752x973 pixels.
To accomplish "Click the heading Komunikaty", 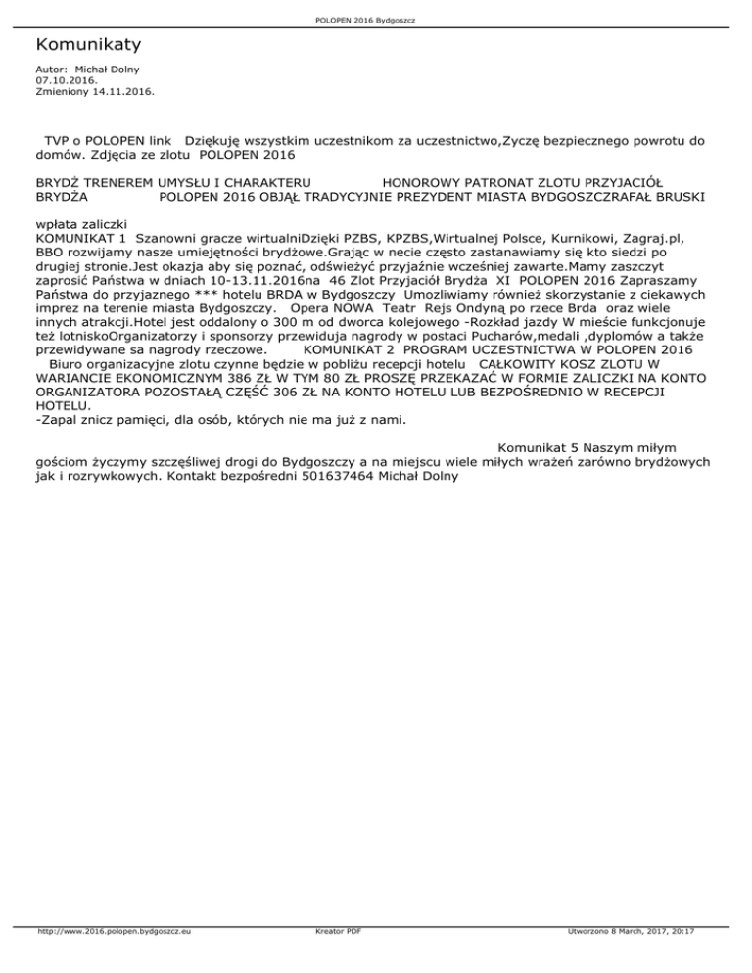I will [x=88, y=45].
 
